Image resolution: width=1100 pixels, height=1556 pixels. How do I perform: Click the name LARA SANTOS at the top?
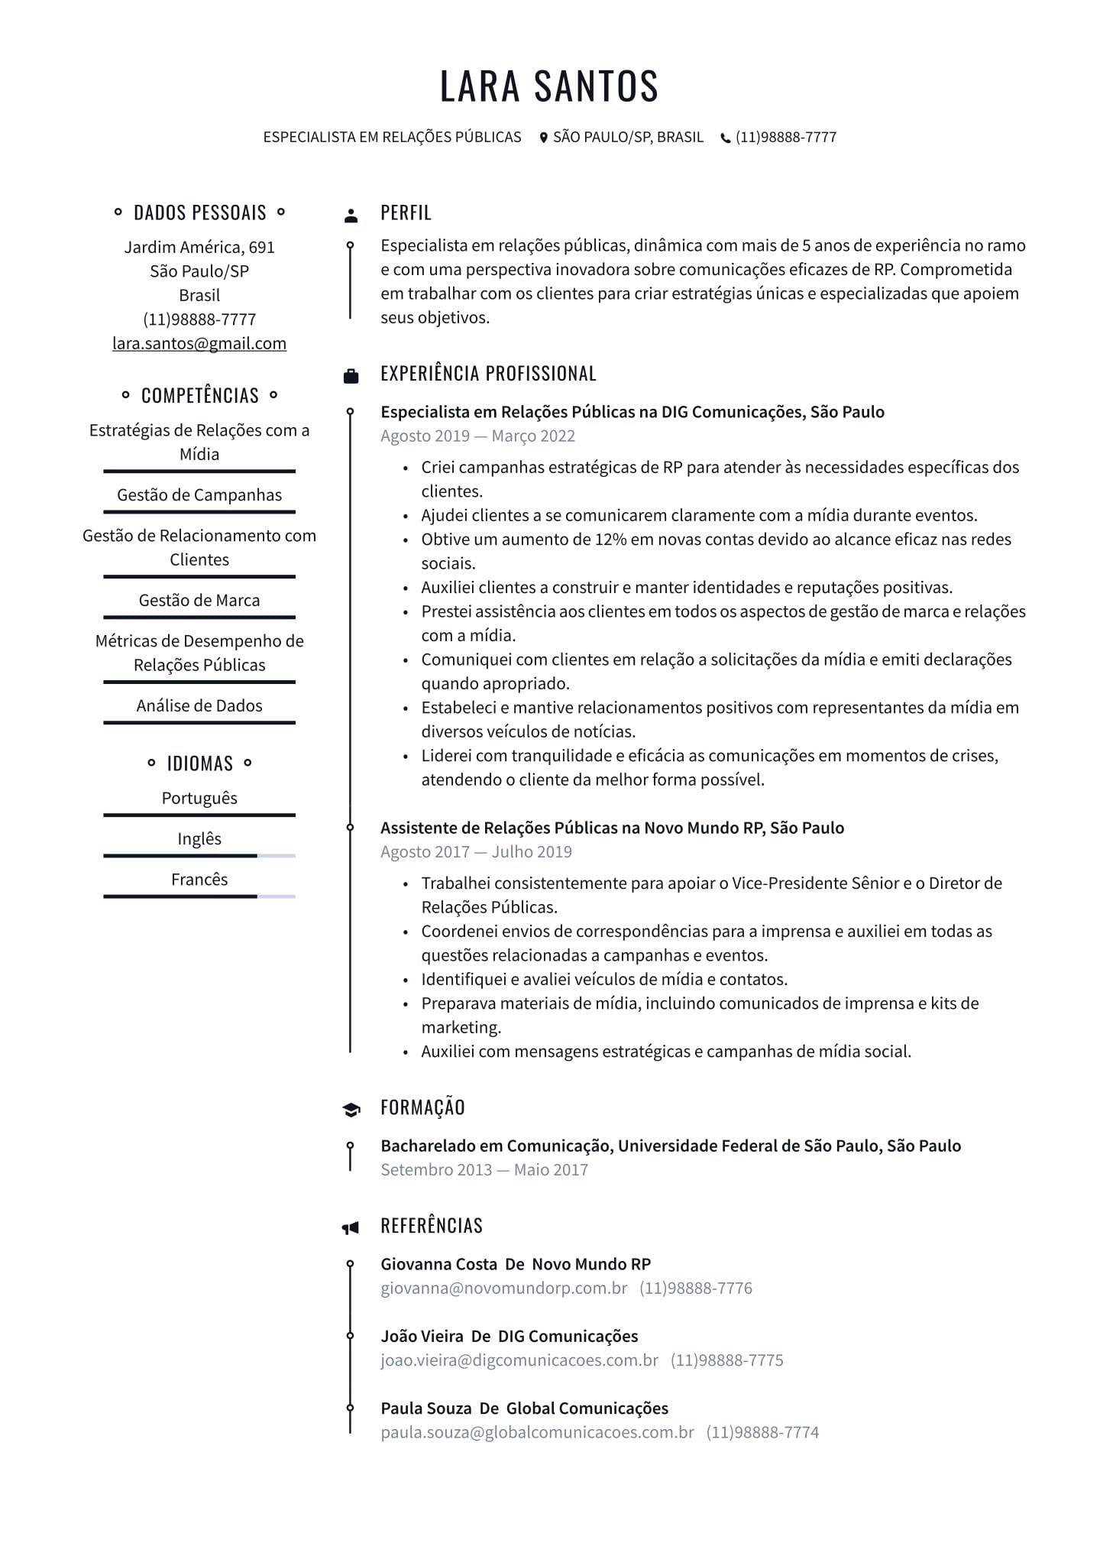(548, 86)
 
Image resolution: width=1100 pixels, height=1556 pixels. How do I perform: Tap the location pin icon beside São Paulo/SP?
(544, 138)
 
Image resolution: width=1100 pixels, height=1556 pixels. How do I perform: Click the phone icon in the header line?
(725, 138)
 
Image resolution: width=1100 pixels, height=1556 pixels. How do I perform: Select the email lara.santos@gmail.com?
(199, 343)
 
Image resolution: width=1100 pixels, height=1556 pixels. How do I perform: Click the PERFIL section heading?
(406, 212)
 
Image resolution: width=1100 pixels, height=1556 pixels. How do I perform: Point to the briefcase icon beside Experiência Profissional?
(351, 375)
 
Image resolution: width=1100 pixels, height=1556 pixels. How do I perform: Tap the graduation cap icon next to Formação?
(351, 1110)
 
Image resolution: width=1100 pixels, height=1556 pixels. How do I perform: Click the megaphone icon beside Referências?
(350, 1228)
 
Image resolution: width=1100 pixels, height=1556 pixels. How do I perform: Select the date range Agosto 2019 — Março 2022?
(477, 436)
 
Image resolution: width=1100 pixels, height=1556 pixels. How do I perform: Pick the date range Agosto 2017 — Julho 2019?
(476, 851)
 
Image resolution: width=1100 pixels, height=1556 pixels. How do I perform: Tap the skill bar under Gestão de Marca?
(199, 617)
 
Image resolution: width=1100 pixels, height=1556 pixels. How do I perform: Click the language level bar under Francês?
(199, 896)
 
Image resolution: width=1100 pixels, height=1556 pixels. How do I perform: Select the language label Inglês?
(199, 838)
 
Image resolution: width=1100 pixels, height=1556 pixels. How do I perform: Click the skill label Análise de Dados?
(199, 705)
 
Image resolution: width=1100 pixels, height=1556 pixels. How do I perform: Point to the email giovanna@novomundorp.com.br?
(503, 1288)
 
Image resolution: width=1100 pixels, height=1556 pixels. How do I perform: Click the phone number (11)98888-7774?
(762, 1432)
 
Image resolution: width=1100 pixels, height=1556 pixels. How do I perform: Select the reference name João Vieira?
(422, 1336)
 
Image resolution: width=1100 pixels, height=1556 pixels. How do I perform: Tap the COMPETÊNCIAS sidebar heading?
(199, 395)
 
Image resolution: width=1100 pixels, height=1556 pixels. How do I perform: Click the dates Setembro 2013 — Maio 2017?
(484, 1169)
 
